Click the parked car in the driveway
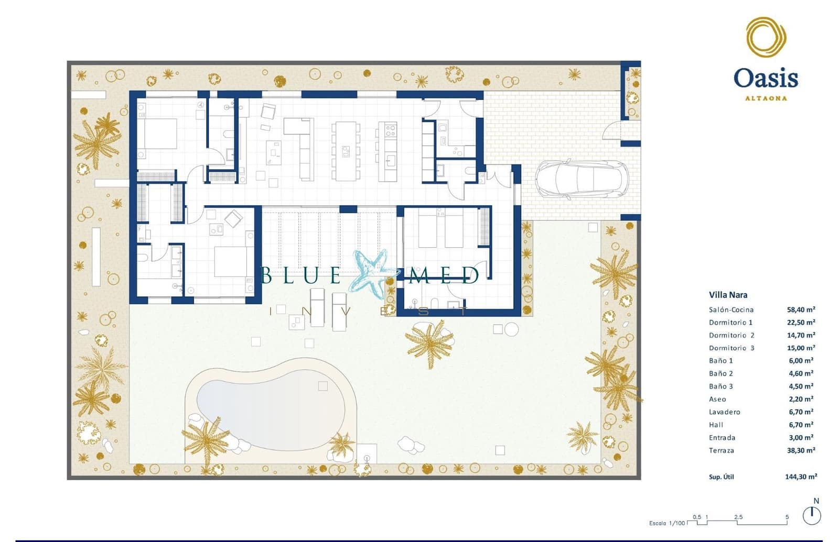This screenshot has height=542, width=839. (x=581, y=179)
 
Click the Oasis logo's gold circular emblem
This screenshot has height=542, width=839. (x=766, y=37)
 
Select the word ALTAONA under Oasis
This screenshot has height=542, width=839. (x=766, y=98)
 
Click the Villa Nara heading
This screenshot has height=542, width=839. (x=728, y=295)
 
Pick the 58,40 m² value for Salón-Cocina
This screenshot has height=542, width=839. (x=801, y=309)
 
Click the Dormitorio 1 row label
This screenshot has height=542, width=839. (x=730, y=323)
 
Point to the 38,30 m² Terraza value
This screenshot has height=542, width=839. (x=801, y=450)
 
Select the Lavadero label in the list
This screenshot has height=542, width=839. (x=724, y=412)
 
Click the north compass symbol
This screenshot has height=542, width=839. (x=812, y=515)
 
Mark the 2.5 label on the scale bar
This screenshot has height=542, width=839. (x=738, y=517)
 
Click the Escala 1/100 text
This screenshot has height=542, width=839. (x=667, y=523)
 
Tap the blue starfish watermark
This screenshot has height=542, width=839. (x=373, y=273)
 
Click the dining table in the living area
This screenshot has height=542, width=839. (x=346, y=151)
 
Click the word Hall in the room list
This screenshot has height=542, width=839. (x=716, y=425)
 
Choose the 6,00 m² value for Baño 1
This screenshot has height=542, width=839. (x=801, y=361)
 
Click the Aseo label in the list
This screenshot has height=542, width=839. (x=717, y=399)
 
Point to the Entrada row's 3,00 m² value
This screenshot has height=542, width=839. (x=801, y=438)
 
